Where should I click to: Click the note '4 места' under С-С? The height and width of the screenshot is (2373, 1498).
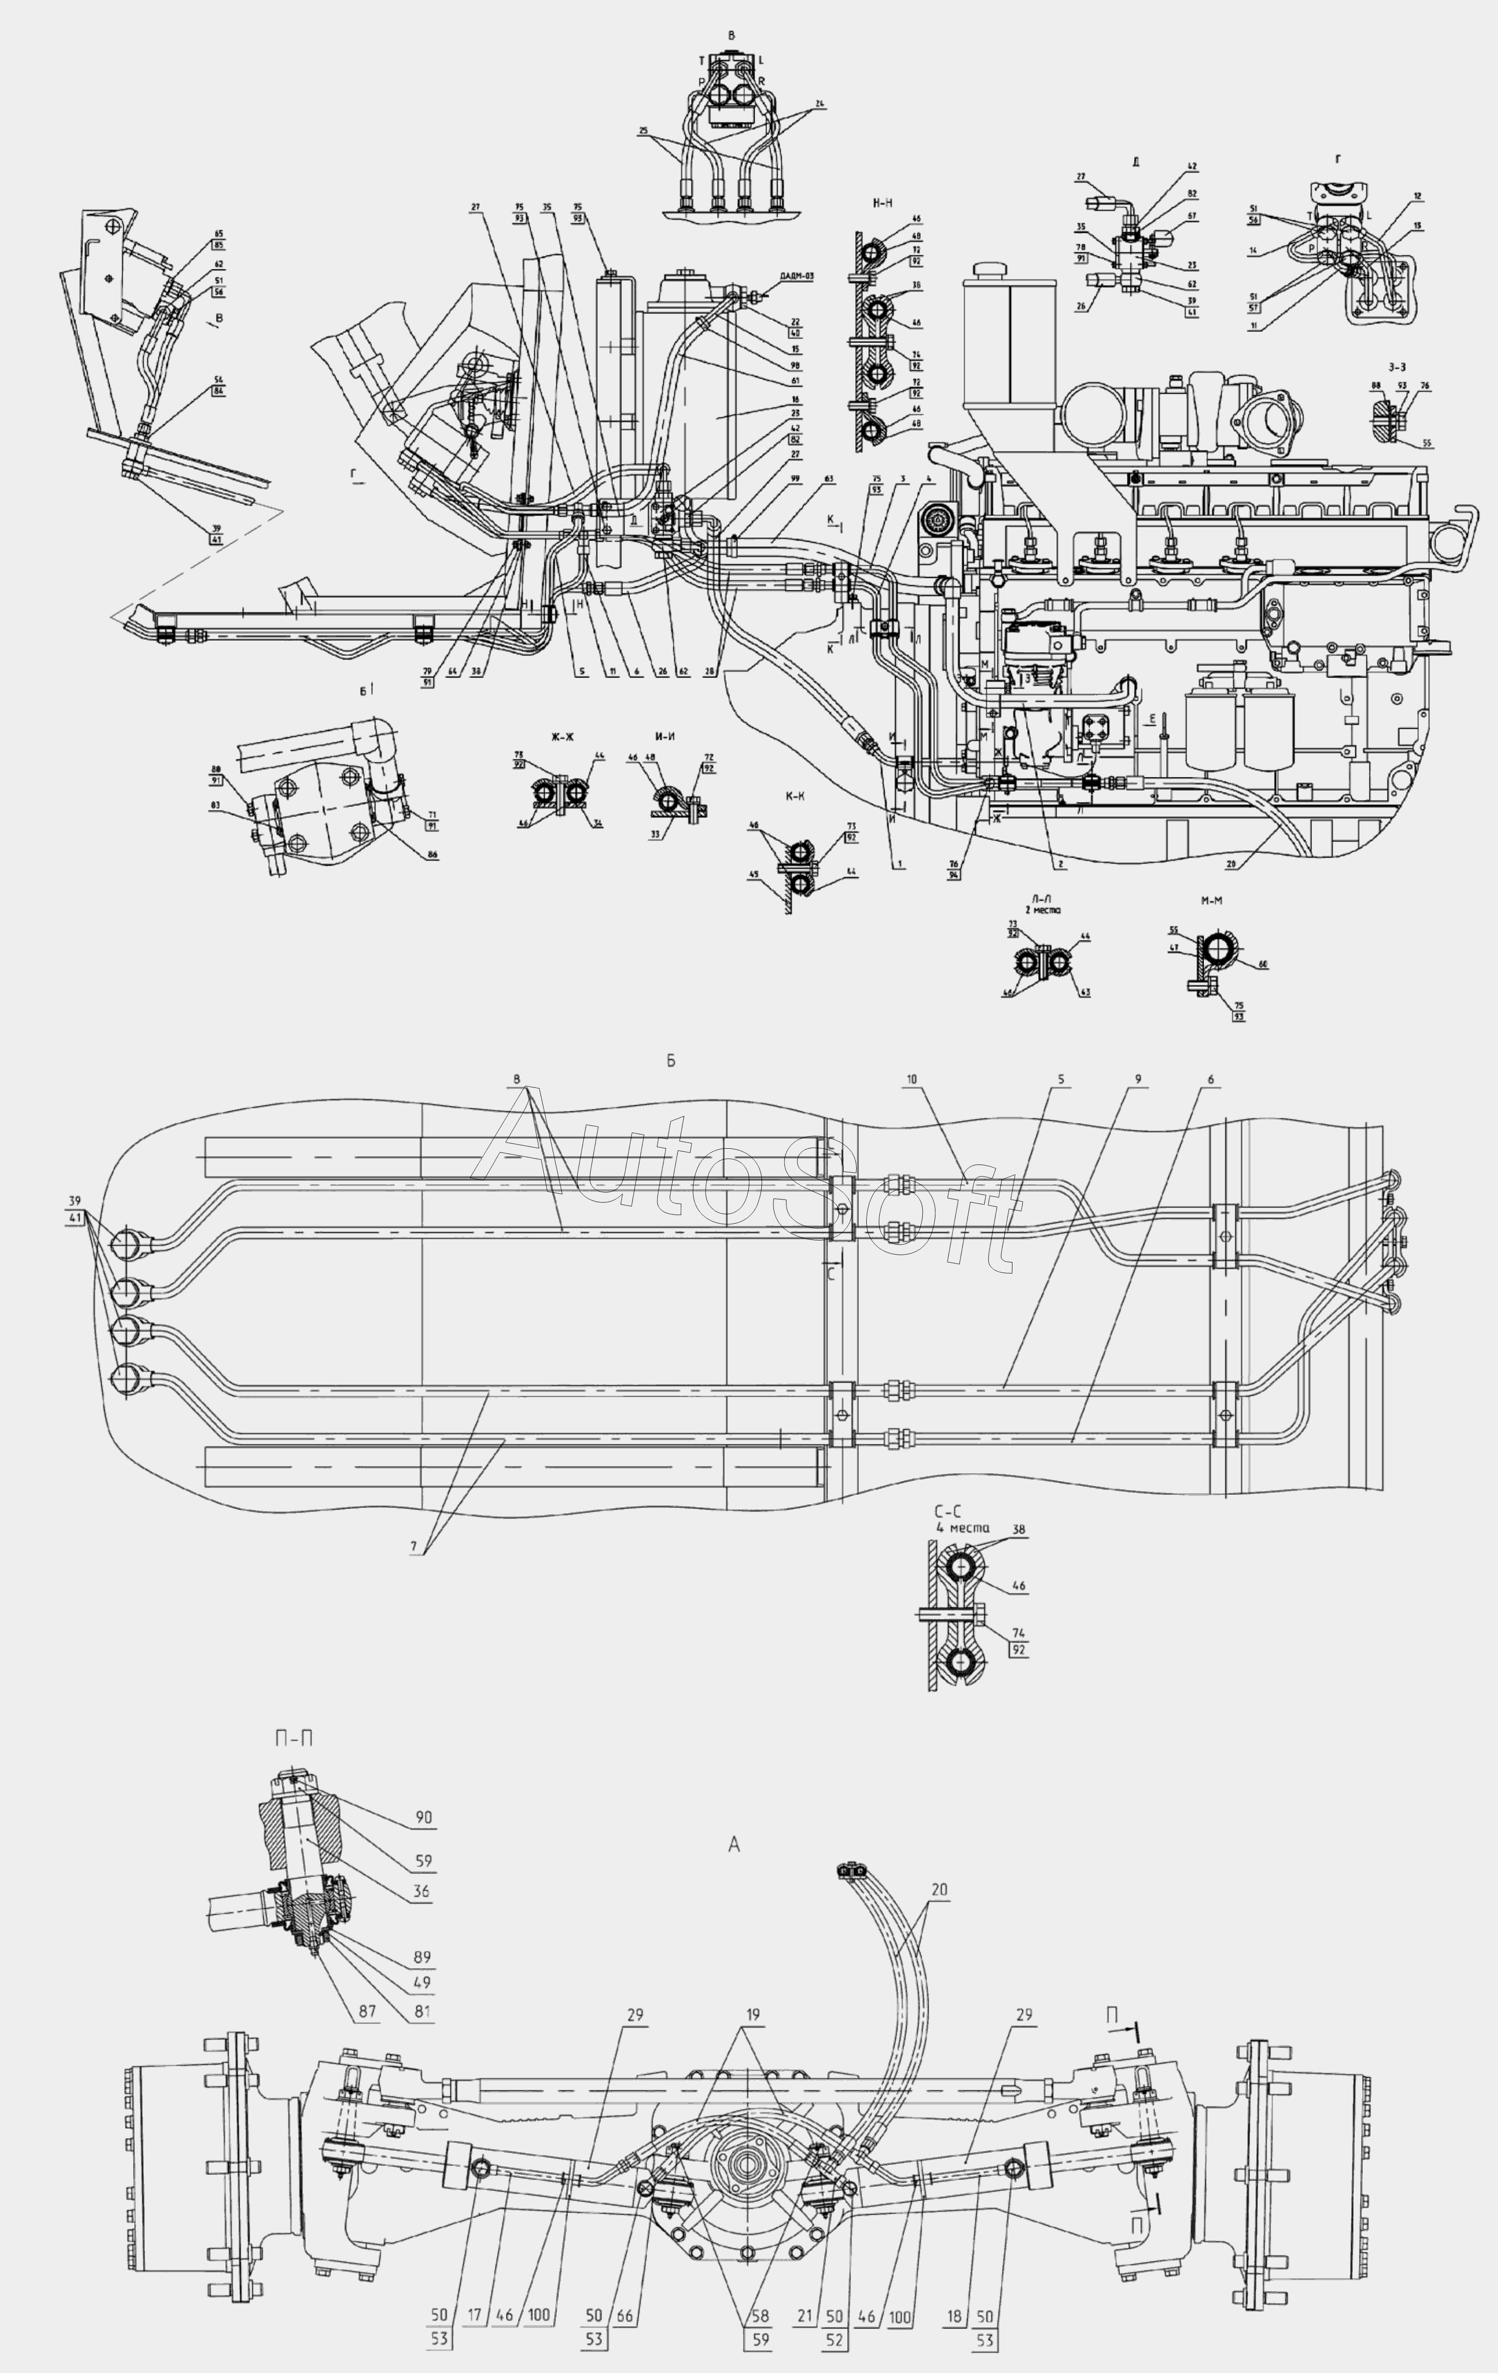pos(962,1527)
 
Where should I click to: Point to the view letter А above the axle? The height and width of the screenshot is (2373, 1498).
pos(733,1845)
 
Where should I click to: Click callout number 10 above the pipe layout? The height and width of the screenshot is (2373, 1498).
pos(912,1079)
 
